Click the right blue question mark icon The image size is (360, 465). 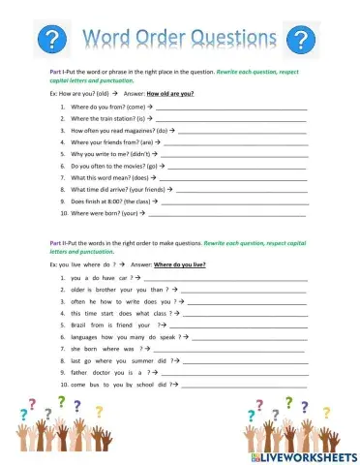pyautogui.click(x=304, y=39)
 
